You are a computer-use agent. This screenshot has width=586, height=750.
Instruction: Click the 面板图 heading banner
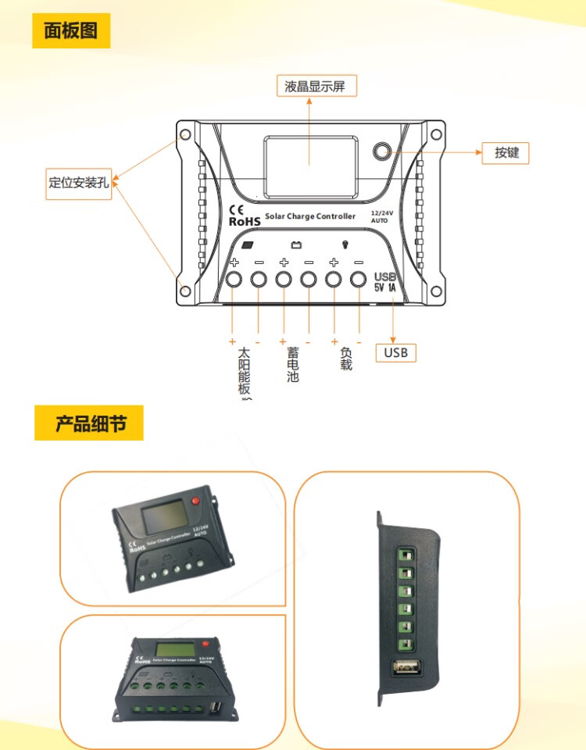pos(71,31)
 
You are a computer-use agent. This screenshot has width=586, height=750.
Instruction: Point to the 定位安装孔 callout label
pos(78,184)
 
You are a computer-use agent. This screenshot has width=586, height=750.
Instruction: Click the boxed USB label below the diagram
pos(396,352)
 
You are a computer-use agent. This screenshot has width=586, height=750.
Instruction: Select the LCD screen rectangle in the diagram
pos(310,162)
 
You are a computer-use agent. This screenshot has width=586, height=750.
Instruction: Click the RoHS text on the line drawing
pos(244,221)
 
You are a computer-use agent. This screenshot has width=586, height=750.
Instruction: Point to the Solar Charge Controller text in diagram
pos(310,216)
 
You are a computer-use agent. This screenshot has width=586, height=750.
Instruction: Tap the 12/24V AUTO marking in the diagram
pos(380,216)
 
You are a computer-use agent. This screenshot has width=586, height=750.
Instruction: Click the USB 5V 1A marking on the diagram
pos(385,282)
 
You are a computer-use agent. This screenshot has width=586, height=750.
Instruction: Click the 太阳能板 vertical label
pos(245,370)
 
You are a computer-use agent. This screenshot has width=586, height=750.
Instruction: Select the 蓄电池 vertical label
pos(293,364)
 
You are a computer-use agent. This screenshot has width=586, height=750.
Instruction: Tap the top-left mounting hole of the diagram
pos(186,135)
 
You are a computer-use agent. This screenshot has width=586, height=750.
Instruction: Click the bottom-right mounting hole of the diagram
pos(435,291)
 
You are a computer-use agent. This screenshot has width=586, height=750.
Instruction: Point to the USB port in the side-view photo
pos(406,667)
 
